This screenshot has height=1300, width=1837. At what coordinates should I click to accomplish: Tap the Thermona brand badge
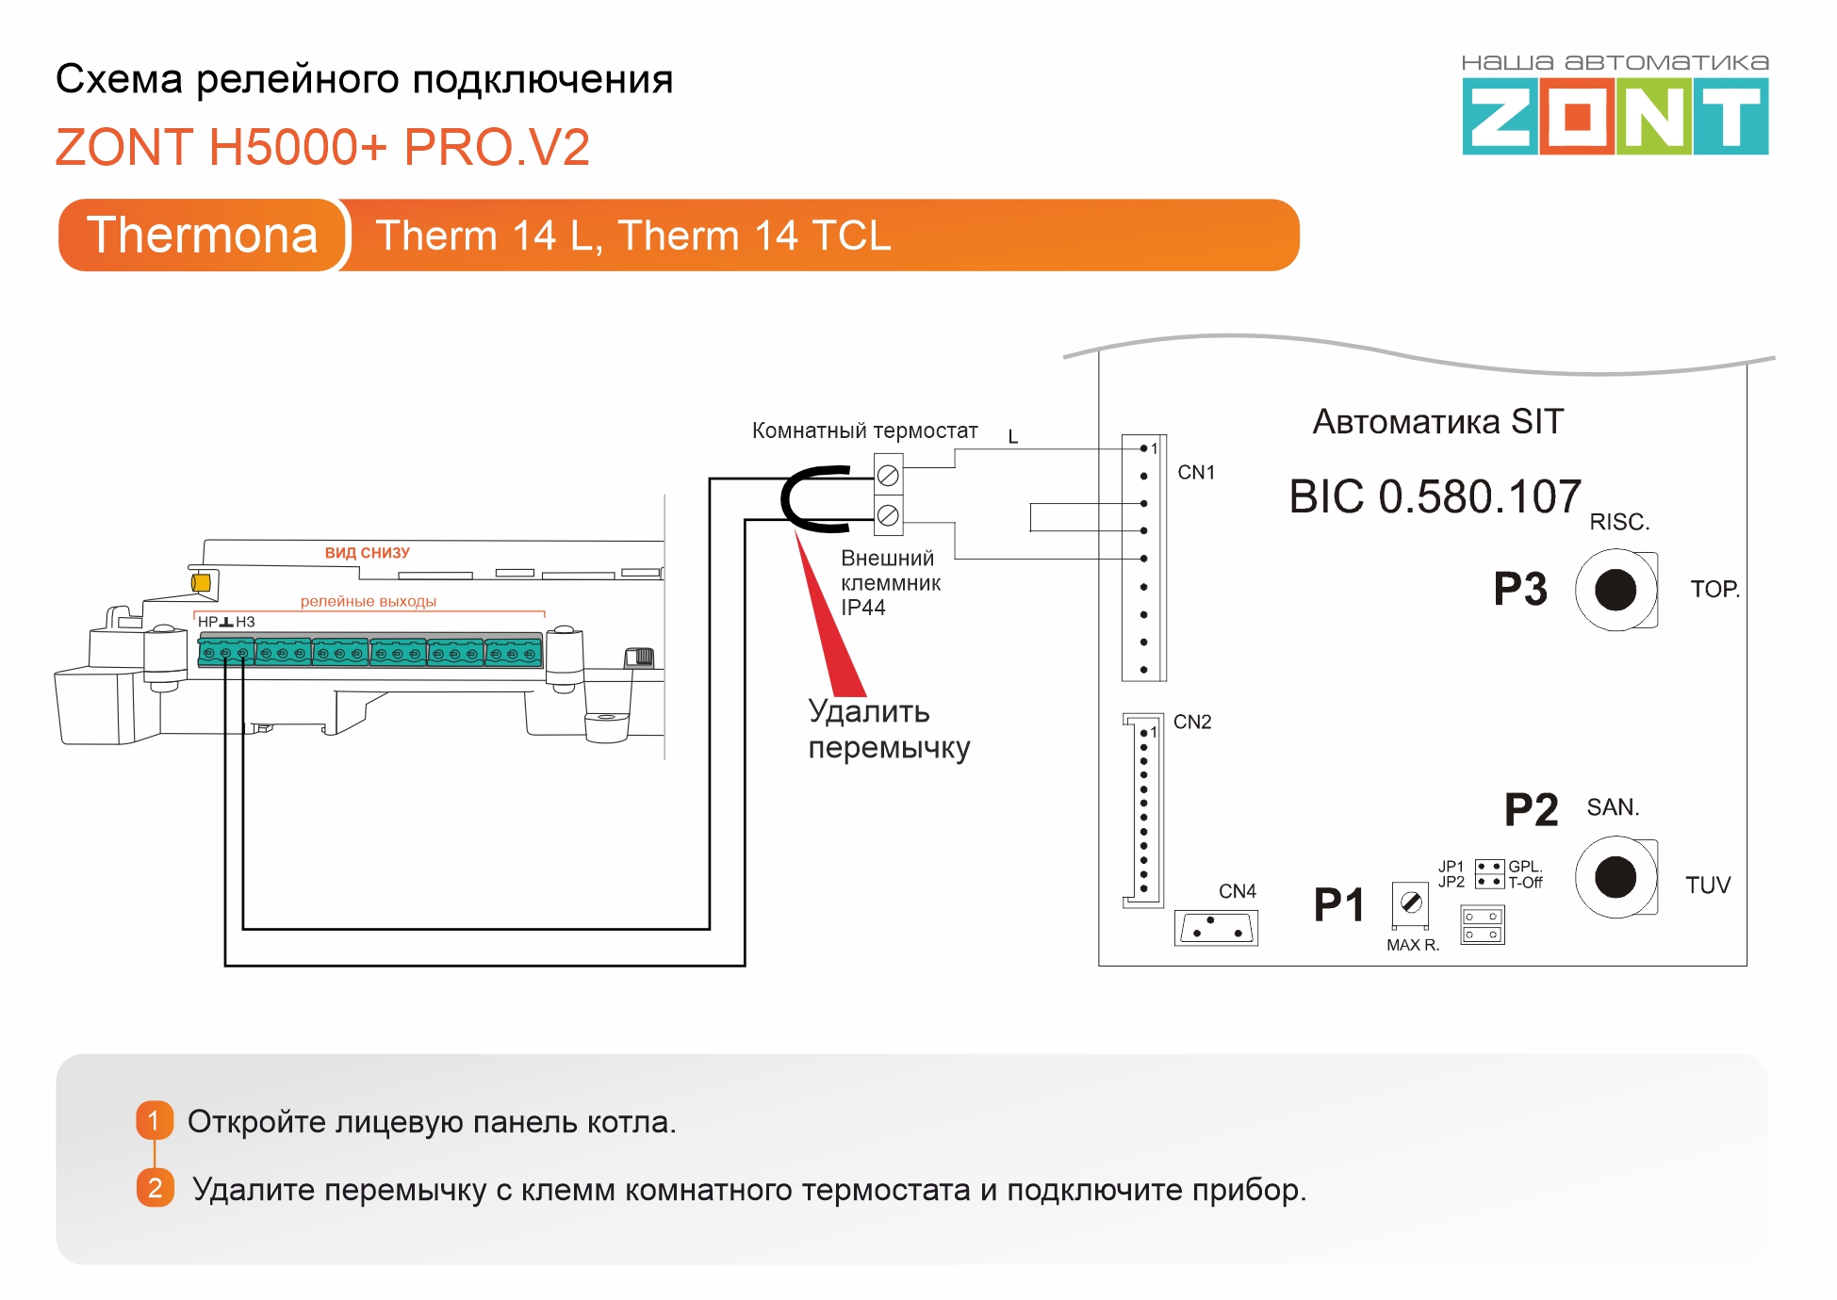(203, 235)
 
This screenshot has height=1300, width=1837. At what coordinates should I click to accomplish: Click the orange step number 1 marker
(155, 1120)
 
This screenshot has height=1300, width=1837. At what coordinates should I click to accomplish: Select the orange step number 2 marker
(155, 1188)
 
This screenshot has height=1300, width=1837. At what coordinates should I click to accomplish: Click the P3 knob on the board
(1616, 591)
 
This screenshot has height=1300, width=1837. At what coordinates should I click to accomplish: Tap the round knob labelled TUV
(1616, 877)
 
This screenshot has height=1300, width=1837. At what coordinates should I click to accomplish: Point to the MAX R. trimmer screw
(1411, 903)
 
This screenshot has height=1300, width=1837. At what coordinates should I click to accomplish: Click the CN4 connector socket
(1216, 928)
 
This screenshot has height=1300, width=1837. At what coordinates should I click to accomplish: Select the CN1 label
(1196, 472)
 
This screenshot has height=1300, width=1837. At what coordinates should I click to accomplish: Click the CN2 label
(1192, 722)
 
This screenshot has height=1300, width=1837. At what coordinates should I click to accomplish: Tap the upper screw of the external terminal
(888, 476)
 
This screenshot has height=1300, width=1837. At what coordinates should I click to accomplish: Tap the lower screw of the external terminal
(888, 515)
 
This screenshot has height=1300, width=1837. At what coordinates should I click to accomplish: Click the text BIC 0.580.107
(1435, 496)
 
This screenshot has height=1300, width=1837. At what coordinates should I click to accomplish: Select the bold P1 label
(1339, 905)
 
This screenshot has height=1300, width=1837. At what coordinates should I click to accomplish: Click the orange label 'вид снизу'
(367, 553)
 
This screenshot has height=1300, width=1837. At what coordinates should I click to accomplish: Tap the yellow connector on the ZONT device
(201, 583)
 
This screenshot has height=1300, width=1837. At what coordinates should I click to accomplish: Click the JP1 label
(1451, 866)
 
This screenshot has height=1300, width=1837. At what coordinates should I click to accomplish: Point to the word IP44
(862, 608)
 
